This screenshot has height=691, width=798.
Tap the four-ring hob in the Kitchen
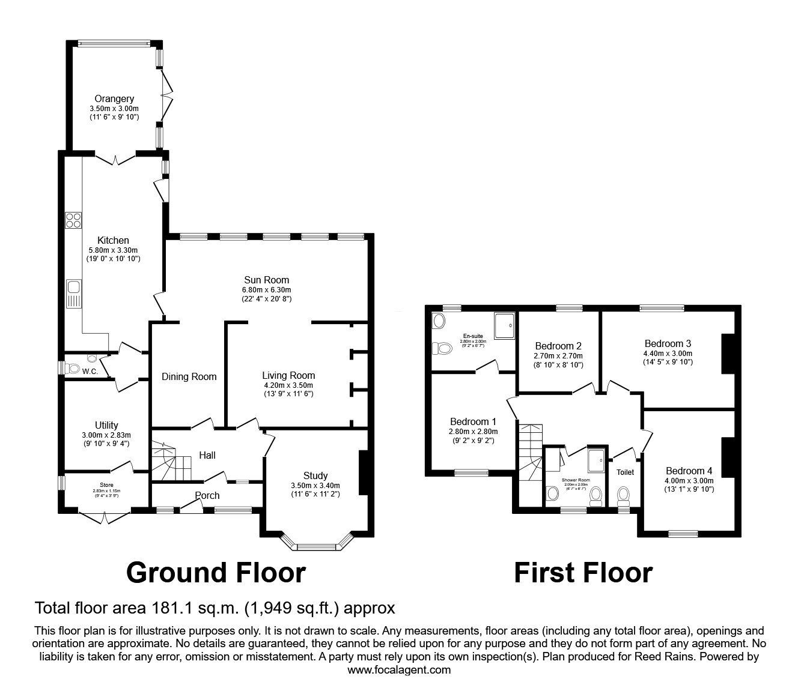[x=73, y=220]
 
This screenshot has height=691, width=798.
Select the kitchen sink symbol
[x=74, y=292]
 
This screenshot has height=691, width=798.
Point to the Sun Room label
[x=266, y=280]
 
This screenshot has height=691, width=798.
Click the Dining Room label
[x=189, y=377]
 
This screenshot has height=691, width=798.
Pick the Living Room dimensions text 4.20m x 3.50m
[x=279, y=385]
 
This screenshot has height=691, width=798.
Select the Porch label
[x=207, y=495]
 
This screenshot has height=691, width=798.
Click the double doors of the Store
[x=104, y=517]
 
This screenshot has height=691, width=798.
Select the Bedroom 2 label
[x=558, y=346]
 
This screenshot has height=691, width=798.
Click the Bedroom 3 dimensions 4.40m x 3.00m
[x=668, y=354]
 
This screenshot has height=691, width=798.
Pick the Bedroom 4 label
[x=689, y=471]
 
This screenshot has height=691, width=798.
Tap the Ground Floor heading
[x=216, y=573]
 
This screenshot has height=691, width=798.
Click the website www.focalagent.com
[x=399, y=670]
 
